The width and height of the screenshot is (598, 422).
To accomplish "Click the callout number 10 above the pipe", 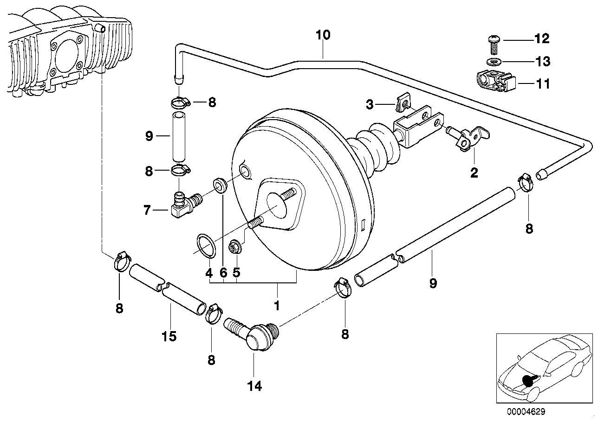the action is (323, 35).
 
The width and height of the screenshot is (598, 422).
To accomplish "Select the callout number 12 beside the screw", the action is (542, 39).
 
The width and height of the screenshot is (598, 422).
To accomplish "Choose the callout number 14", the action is (254, 386).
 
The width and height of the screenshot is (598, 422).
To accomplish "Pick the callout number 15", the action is (169, 336).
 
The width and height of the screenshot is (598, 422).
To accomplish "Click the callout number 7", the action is (147, 211).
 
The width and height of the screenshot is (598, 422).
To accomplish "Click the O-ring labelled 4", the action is (206, 245).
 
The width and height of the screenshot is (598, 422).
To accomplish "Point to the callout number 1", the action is (277, 306).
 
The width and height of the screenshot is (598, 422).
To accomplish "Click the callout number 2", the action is (474, 173).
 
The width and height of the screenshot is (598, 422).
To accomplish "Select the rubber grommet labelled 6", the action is (220, 185).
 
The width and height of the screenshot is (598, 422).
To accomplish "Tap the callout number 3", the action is (370, 105).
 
